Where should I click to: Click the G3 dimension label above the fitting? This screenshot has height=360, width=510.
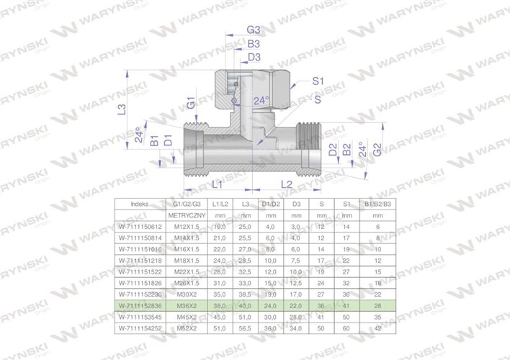pyautogui.click(x=253, y=30)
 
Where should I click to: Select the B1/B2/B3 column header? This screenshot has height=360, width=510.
pyautogui.click(x=378, y=204)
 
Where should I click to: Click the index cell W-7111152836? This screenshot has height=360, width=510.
pyautogui.click(x=140, y=305)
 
